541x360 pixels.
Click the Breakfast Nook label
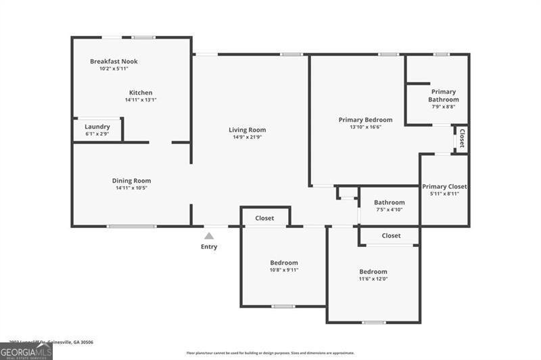pyautogui.click(x=114, y=61)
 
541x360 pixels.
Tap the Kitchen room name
pyautogui.click(x=141, y=93)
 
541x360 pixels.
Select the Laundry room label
pyautogui.click(x=97, y=127)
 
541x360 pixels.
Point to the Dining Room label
pyautogui.click(x=131, y=181)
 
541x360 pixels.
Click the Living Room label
pyautogui.click(x=247, y=130)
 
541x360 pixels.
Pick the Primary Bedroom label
pyautogui.click(x=365, y=120)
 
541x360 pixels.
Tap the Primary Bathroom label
pyautogui.click(x=443, y=95)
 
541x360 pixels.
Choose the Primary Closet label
pyautogui.click(x=444, y=187)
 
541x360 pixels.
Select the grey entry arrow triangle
pyautogui.click(x=209, y=235)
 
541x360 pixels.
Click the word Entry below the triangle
pyautogui.click(x=209, y=247)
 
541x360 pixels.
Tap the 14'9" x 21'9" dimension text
pyautogui.click(x=247, y=137)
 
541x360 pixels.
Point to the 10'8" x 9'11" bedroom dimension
pyautogui.click(x=284, y=270)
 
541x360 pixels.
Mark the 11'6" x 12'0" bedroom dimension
pyautogui.click(x=373, y=279)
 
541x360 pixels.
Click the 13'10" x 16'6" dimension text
pyautogui.click(x=365, y=127)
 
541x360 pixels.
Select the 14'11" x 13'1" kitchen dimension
pyautogui.click(x=141, y=99)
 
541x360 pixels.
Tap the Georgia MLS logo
pyautogui.click(x=26, y=351)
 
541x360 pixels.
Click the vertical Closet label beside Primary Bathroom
pyautogui.click(x=463, y=138)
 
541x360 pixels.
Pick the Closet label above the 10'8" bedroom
pyautogui.click(x=264, y=218)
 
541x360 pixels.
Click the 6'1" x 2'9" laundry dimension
pyautogui.click(x=97, y=134)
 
